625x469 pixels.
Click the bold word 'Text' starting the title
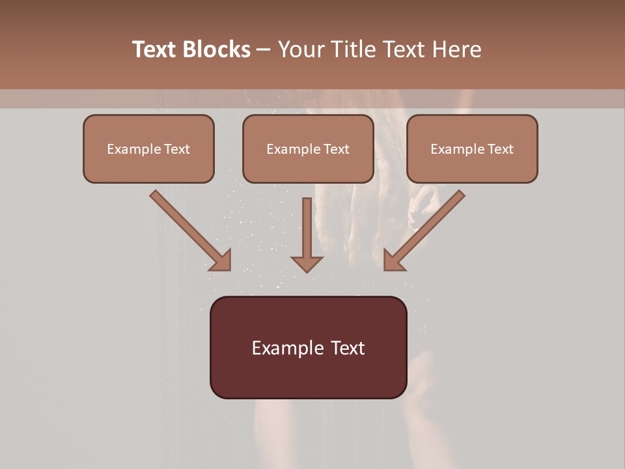click(x=155, y=50)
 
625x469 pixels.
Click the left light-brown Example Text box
click(x=148, y=149)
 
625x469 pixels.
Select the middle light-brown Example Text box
click(x=308, y=149)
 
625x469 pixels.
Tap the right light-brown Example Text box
click(x=472, y=149)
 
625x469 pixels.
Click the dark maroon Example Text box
click(x=308, y=347)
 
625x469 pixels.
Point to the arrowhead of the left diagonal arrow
click(x=221, y=261)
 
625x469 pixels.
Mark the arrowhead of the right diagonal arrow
click(x=393, y=261)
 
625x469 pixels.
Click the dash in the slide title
click(x=264, y=50)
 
